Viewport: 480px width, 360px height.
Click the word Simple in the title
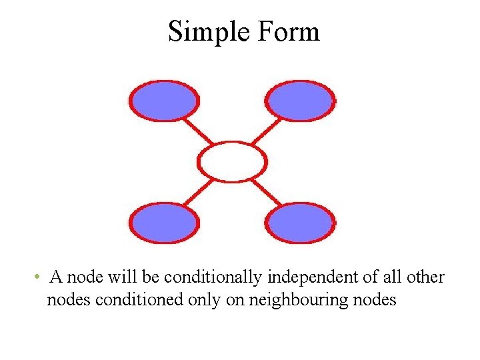(206, 32)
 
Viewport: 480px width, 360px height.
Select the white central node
(233, 161)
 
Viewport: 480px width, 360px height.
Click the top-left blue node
(164, 101)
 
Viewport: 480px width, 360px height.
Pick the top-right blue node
(301, 101)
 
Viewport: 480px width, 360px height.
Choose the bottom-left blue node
(164, 223)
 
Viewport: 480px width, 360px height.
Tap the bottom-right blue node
(301, 223)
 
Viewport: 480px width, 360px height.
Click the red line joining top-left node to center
(197, 131)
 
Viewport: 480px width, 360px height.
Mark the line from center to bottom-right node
(267, 192)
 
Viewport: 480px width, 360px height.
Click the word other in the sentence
(425, 277)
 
